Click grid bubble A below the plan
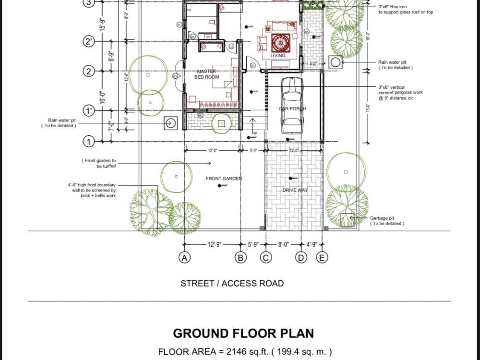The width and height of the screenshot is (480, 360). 184,258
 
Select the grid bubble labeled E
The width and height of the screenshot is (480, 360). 322,258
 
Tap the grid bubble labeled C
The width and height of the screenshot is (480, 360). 265,258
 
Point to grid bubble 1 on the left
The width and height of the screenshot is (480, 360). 88,142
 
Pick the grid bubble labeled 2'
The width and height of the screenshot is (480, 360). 89,42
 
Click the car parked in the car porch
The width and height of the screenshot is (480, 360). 291,105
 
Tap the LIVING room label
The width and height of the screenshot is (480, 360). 277,56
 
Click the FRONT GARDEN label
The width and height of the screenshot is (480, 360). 224,179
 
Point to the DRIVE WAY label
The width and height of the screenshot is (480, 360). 295,190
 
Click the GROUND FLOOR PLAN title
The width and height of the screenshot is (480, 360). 243,333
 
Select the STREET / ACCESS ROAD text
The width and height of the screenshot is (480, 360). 232,283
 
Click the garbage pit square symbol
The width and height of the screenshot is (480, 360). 347,220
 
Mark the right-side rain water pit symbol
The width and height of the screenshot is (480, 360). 336,62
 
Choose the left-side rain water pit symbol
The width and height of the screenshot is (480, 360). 170,123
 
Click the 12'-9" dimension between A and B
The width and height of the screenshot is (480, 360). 214,245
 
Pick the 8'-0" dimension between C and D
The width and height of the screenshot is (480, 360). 283,245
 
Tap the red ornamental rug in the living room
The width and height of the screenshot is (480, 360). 279,43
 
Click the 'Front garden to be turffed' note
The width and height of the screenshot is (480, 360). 100,163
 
